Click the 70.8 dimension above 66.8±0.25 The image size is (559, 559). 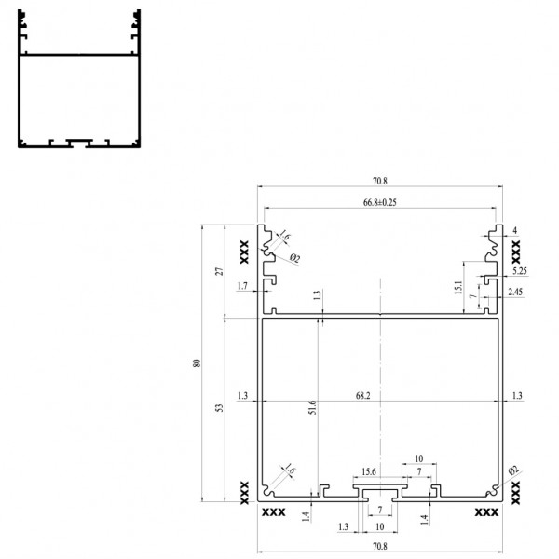tap(380, 181)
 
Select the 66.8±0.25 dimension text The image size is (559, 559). tap(380, 202)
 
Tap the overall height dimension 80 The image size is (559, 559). tap(197, 363)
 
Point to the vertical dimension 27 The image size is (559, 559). tap(220, 271)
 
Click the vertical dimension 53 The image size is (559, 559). tap(220, 408)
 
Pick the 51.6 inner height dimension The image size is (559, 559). tap(312, 407)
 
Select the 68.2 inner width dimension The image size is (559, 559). tap(363, 395)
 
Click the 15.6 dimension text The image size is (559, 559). tap(369, 471)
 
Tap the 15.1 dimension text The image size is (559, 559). tap(458, 287)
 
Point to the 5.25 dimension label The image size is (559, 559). tap(520, 271)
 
